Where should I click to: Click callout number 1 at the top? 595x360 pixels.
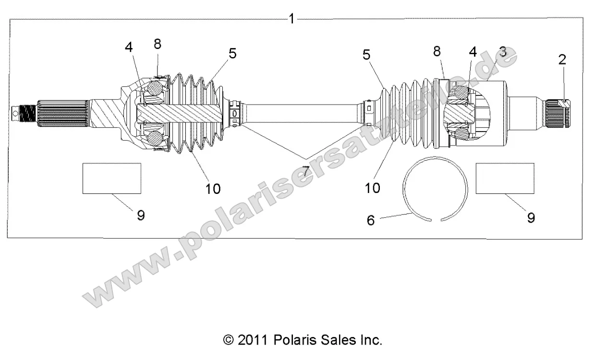click(x=291, y=19)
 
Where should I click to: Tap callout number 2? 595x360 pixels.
click(x=562, y=60)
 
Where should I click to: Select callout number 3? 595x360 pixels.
click(x=502, y=51)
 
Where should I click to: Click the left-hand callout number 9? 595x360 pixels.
click(x=141, y=216)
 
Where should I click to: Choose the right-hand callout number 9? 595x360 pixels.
click(x=531, y=217)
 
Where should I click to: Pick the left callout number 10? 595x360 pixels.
click(x=213, y=189)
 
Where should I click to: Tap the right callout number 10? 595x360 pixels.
click(x=372, y=187)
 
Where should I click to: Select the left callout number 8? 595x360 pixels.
click(x=158, y=44)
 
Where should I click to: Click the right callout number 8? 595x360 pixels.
click(x=437, y=51)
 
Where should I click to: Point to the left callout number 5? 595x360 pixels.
click(x=232, y=53)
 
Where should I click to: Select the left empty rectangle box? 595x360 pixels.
click(x=112, y=178)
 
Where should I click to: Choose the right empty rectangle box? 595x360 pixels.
click(x=505, y=178)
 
